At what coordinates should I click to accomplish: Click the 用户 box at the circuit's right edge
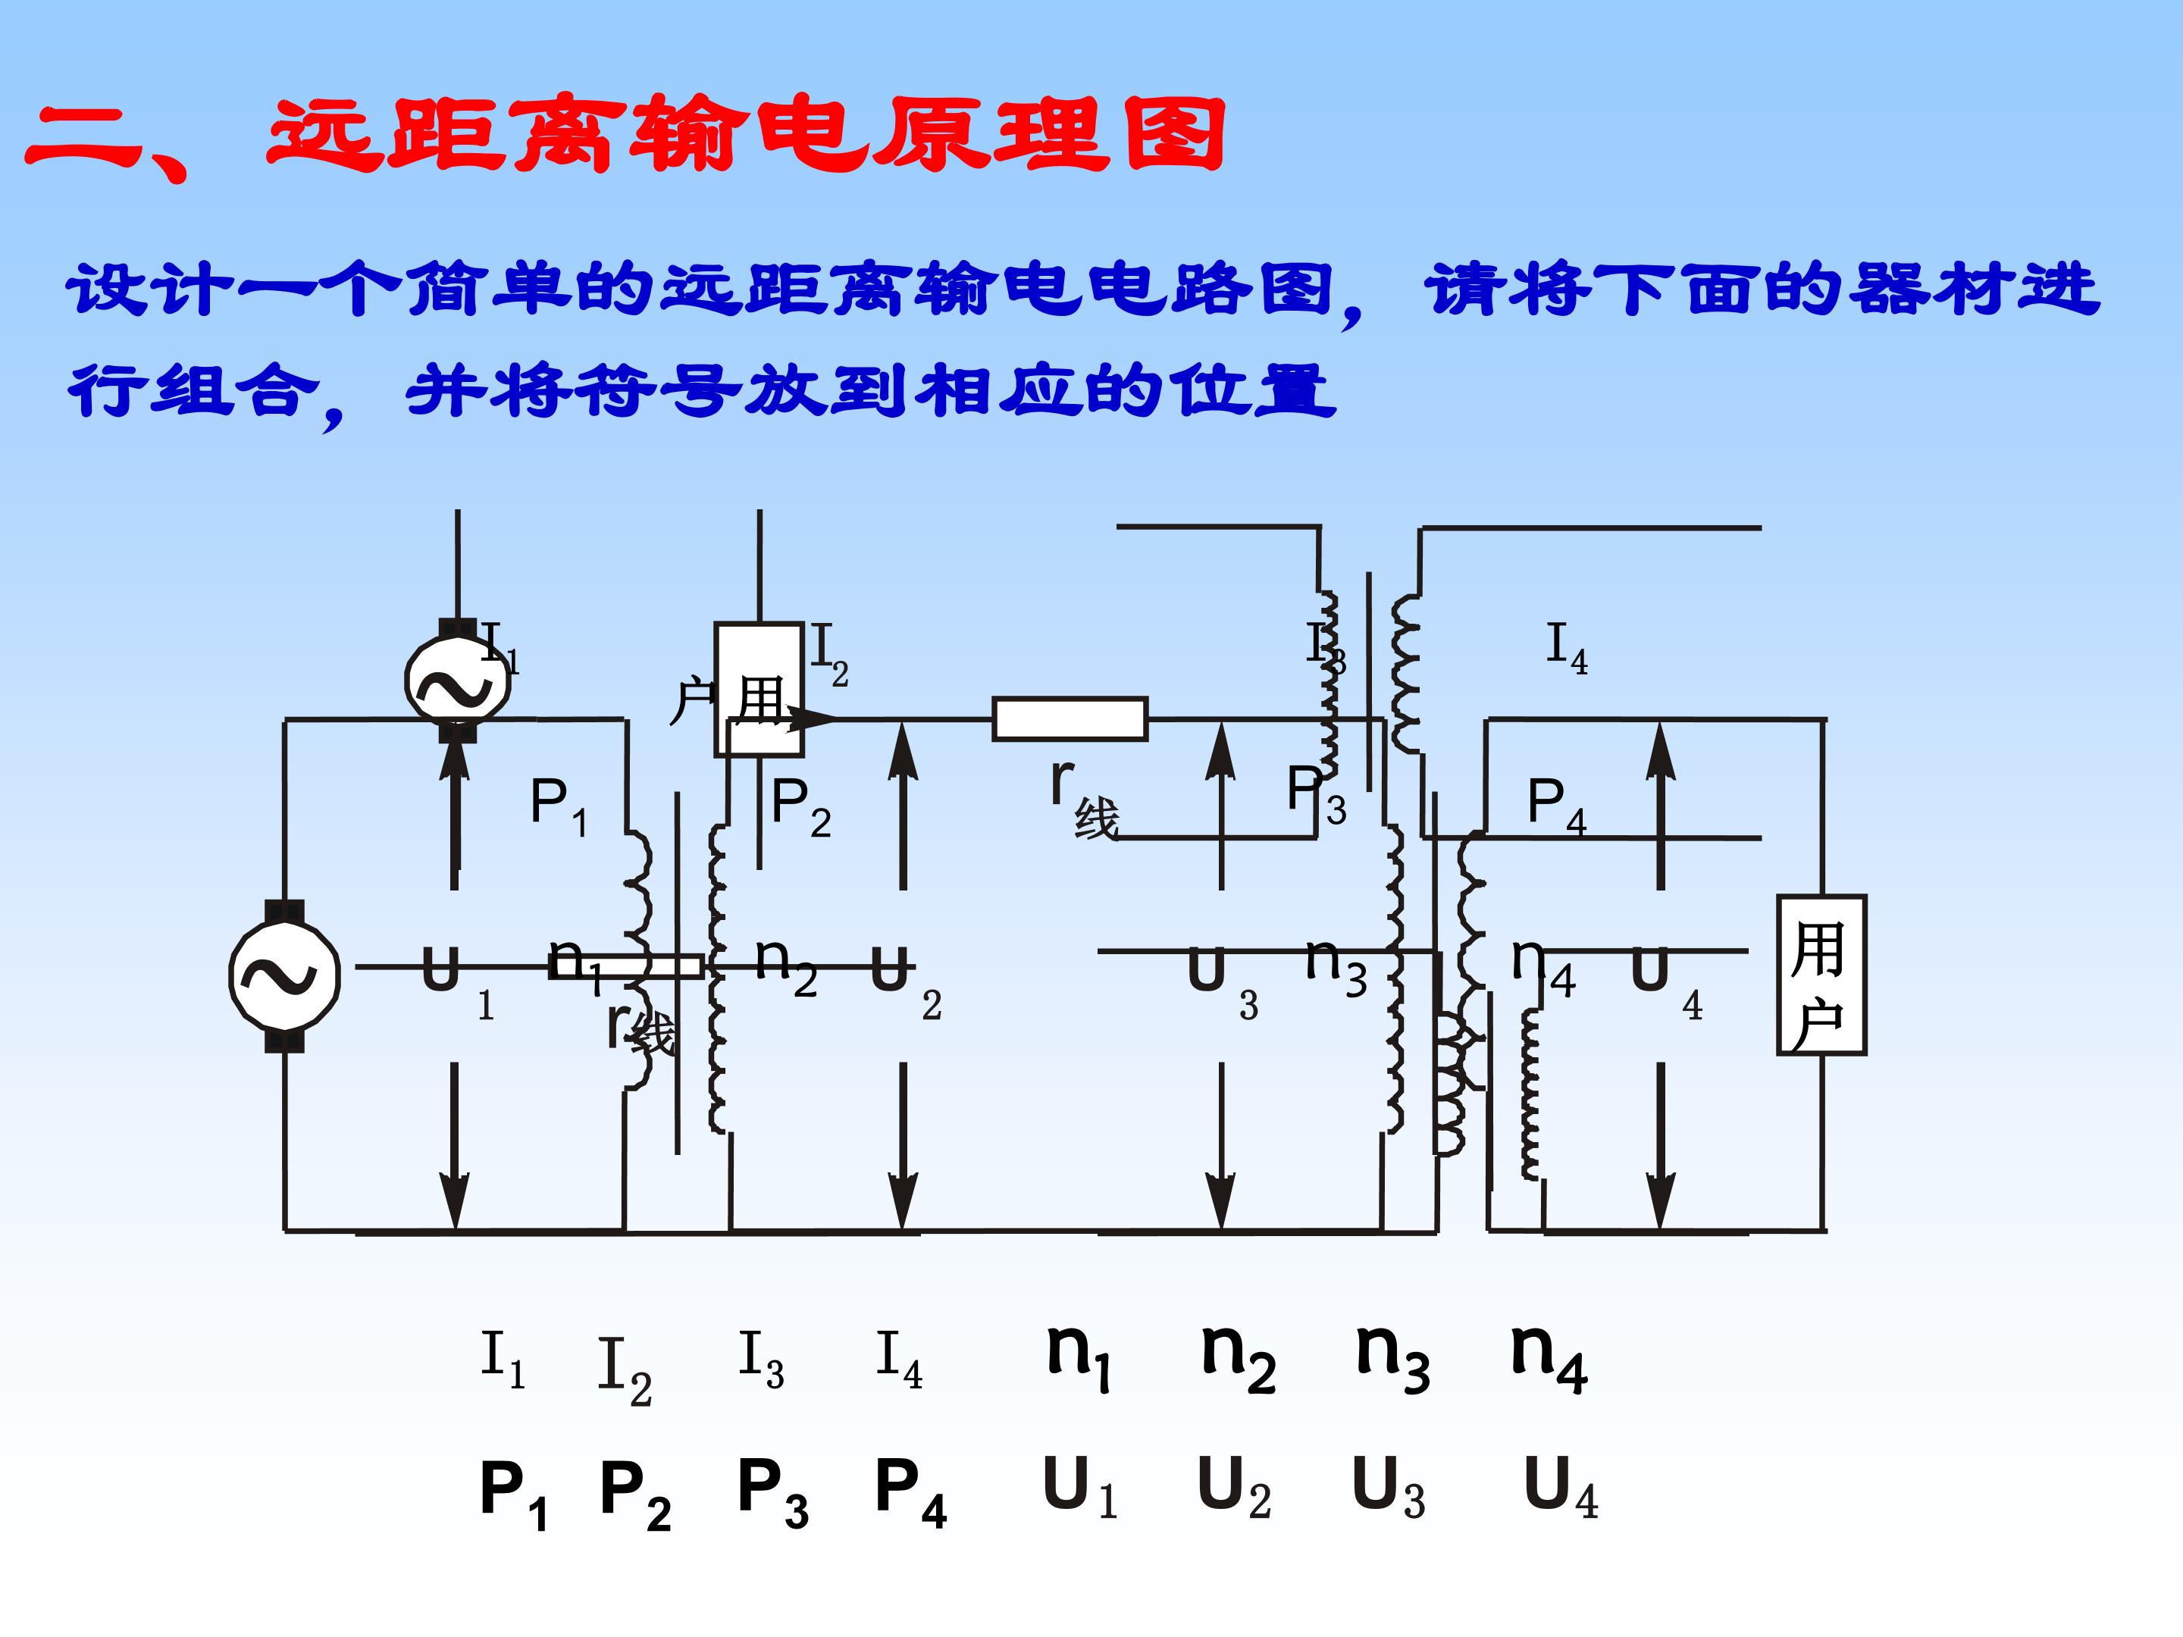1821,974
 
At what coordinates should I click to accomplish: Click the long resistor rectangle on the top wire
1070,718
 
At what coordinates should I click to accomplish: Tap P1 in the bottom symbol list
512,1492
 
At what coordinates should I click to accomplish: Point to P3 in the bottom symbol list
772,1492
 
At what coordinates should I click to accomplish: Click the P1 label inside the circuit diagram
559,804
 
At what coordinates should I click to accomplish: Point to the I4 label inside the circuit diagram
1566,647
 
